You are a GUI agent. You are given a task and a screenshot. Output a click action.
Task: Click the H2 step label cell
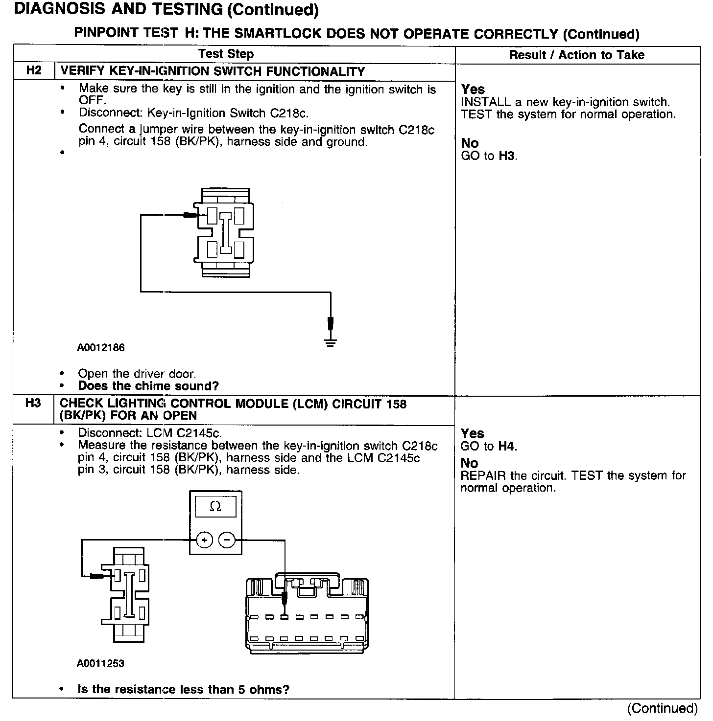click(x=33, y=71)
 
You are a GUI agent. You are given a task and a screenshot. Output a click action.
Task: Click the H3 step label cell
click(x=33, y=404)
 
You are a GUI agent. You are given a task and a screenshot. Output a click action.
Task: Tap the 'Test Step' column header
click(x=226, y=54)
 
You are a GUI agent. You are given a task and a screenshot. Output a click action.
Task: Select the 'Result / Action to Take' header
click(x=577, y=55)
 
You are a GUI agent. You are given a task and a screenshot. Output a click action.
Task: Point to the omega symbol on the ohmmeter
click(x=215, y=507)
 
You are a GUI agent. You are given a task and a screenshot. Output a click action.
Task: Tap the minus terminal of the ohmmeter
click(x=227, y=540)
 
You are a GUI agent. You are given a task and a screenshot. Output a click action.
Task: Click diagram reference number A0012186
click(x=101, y=348)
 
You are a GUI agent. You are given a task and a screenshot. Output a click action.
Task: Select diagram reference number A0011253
click(x=101, y=664)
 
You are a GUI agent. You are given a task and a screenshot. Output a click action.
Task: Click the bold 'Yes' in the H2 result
click(x=473, y=90)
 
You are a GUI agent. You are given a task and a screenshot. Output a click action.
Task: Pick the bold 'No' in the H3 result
click(x=469, y=463)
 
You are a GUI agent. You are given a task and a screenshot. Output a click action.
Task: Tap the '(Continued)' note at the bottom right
click(x=662, y=708)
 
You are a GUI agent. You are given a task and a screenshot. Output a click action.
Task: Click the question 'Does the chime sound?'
click(x=148, y=386)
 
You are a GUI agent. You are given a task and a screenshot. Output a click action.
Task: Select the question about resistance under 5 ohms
click(x=184, y=690)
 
